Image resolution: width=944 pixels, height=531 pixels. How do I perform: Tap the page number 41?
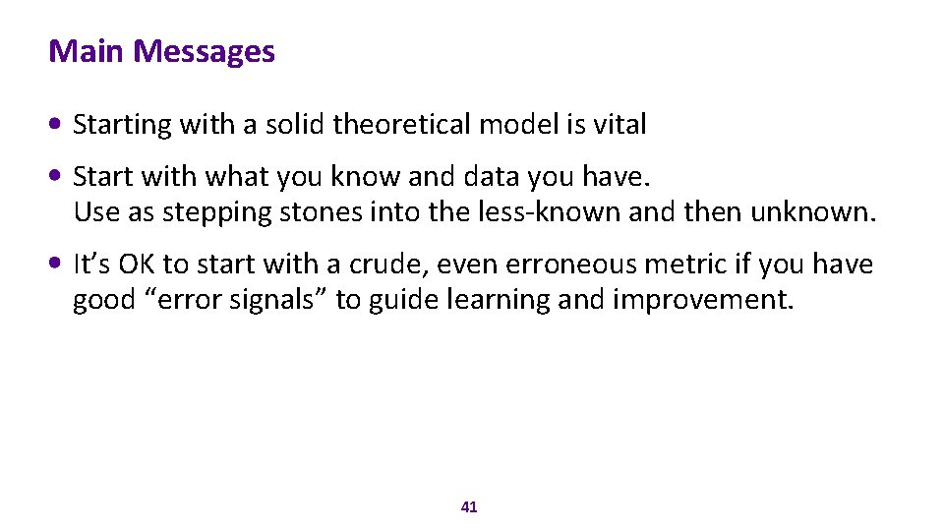(x=469, y=507)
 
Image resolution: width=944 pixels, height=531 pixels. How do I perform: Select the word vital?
(x=619, y=125)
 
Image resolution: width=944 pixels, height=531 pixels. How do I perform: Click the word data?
(x=488, y=177)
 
